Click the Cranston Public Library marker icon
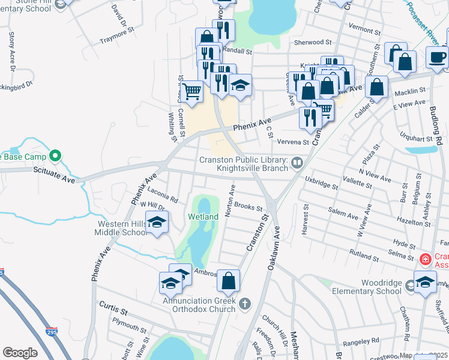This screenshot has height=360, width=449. click(x=297, y=163)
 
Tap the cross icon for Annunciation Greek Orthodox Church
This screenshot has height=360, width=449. click(x=244, y=304)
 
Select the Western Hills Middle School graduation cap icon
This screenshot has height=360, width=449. click(x=157, y=223)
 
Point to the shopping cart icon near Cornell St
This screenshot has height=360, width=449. click(x=192, y=92)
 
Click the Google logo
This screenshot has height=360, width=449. click(x=20, y=353)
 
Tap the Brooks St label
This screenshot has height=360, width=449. click(x=248, y=207)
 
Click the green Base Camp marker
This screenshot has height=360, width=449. click(x=55, y=157)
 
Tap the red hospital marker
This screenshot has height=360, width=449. click(x=425, y=260)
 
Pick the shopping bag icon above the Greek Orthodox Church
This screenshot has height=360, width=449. click(x=228, y=280)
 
